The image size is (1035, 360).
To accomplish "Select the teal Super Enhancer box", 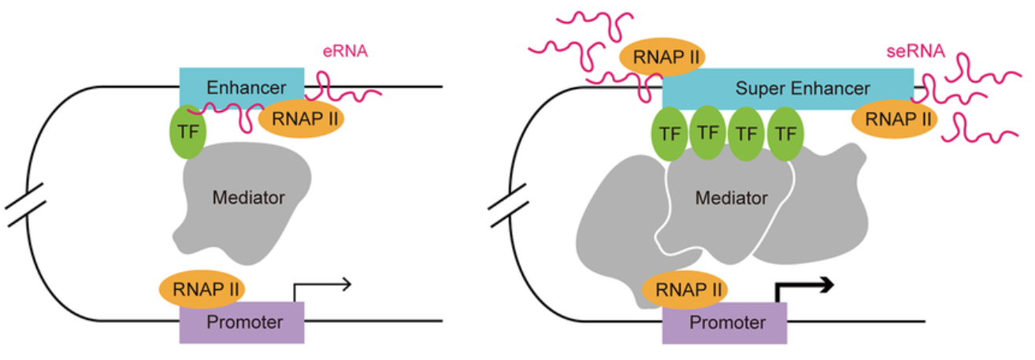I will point(788,87).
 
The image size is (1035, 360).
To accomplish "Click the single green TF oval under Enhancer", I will point(187,132).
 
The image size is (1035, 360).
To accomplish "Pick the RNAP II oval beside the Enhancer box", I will point(302,119).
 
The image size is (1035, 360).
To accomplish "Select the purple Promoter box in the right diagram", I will point(724,322).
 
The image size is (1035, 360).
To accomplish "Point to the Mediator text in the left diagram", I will point(248,197).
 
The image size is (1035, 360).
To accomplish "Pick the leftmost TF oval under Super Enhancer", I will point(670,134).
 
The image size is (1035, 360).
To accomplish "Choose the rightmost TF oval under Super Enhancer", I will point(785,134).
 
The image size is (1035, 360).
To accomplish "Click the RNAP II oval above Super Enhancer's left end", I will point(662,58).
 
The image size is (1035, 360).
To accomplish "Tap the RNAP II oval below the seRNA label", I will point(895,120).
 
